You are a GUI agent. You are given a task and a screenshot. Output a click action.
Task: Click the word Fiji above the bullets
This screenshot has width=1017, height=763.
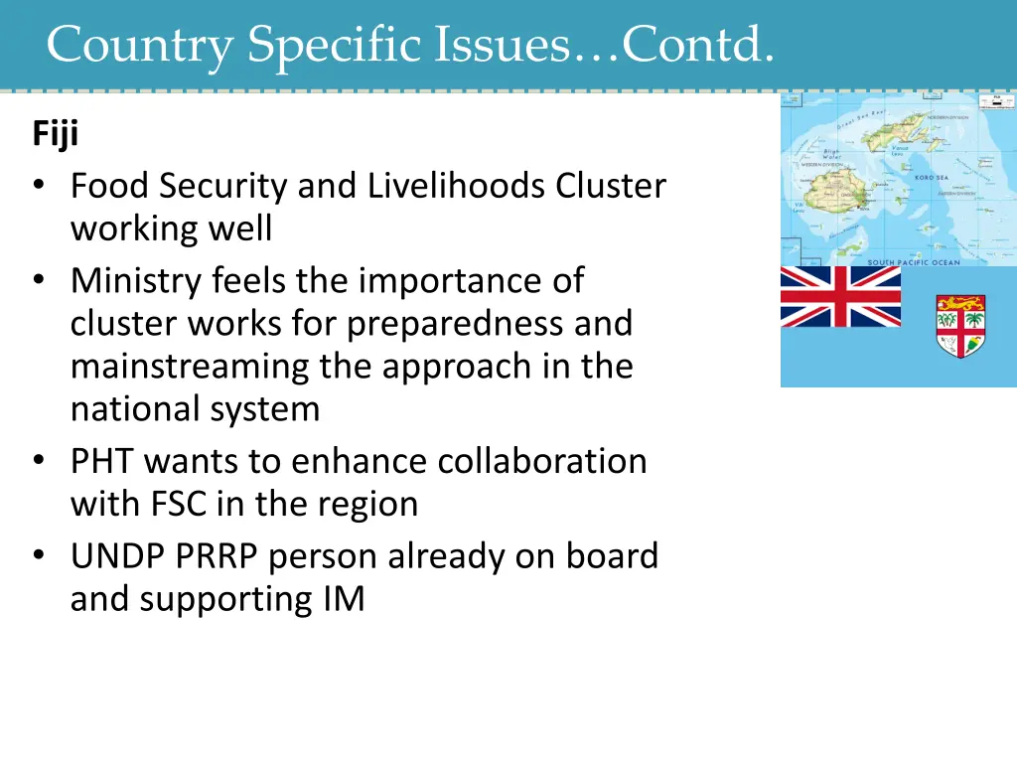click(55, 133)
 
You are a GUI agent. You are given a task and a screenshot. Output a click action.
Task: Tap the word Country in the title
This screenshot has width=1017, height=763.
click(139, 45)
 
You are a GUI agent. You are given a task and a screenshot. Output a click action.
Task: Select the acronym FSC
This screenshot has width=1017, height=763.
click(180, 504)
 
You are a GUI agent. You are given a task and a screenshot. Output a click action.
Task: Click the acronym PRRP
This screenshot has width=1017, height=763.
click(223, 556)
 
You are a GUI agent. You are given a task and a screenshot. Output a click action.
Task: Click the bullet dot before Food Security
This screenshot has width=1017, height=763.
click(38, 187)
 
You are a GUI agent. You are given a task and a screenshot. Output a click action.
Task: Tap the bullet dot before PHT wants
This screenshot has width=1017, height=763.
click(38, 462)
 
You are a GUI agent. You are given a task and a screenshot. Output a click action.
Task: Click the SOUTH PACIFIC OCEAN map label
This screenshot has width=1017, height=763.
click(915, 262)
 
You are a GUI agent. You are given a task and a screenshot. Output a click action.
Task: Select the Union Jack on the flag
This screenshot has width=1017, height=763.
click(840, 296)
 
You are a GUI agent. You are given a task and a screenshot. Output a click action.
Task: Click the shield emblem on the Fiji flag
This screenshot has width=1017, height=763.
click(960, 326)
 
